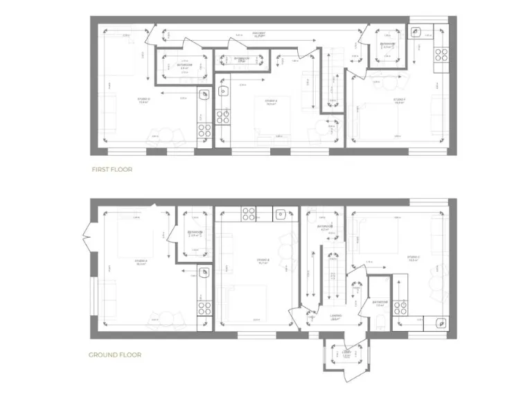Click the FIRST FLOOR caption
click(112, 169)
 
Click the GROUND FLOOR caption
click(114, 355)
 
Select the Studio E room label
click(272, 101)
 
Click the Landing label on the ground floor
click(334, 317)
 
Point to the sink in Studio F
click(415, 32)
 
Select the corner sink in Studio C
click(441, 322)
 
